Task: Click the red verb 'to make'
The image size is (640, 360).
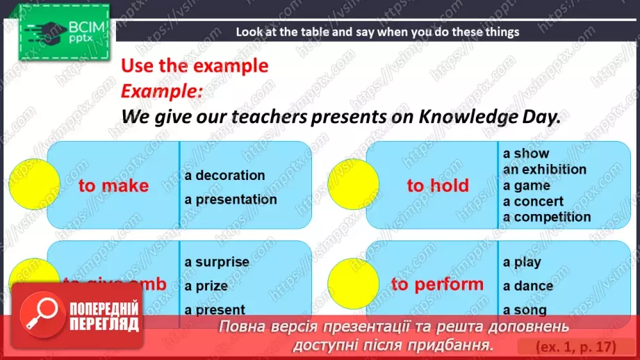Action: (113, 186)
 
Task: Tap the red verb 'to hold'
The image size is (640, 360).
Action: (438, 186)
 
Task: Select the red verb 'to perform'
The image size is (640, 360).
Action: (437, 284)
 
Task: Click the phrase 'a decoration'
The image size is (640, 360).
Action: (224, 175)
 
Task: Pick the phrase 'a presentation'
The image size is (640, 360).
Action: (231, 199)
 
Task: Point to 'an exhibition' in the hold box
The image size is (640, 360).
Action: (544, 169)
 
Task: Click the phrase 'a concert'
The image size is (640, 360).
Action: (533, 201)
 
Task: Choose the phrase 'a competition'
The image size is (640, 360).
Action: (546, 217)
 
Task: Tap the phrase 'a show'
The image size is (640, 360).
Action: (526, 153)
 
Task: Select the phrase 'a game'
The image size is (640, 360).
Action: (526, 185)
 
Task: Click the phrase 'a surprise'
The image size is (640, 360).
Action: (217, 262)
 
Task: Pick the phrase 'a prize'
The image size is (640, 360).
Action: (206, 286)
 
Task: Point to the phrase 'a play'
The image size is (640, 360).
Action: (522, 262)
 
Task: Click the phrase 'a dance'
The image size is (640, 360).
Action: (527, 286)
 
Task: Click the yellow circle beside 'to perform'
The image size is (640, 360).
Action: (353, 284)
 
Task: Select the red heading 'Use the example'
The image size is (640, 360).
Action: (195, 65)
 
